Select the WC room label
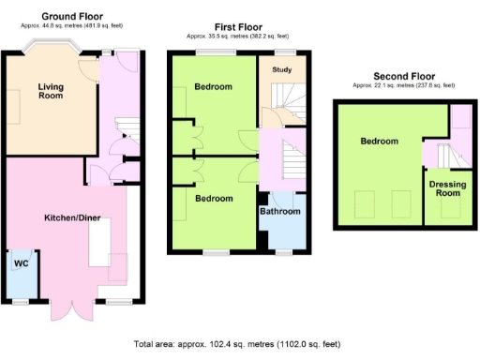[21, 263]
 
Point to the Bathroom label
[279, 212]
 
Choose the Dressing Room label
[447, 189]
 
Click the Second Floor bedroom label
[378, 142]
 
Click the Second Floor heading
[405, 75]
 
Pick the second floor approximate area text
[405, 85]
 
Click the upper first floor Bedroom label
[213, 87]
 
